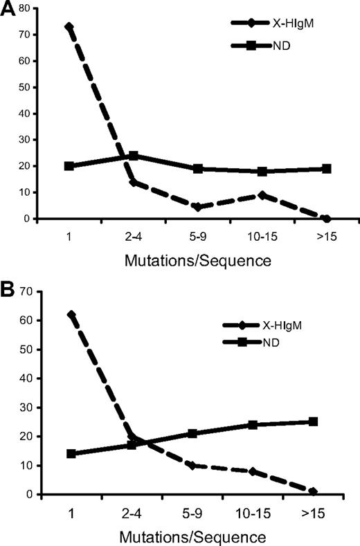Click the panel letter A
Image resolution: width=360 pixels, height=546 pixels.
pyautogui.click(x=10, y=12)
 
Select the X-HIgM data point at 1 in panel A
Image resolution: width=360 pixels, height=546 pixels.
pyautogui.click(x=69, y=27)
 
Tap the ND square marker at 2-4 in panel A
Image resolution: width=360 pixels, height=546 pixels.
pyautogui.click(x=133, y=156)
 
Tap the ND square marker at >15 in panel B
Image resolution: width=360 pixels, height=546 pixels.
pyautogui.click(x=313, y=421)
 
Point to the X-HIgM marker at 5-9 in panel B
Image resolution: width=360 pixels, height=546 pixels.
pyautogui.click(x=192, y=465)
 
